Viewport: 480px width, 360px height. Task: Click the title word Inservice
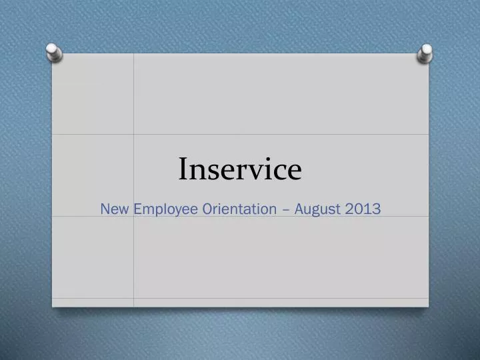(239, 169)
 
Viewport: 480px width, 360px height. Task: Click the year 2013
(364, 209)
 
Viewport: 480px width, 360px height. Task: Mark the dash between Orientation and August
(285, 209)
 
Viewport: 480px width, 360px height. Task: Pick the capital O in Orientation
(208, 209)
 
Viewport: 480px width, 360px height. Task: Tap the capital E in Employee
(138, 209)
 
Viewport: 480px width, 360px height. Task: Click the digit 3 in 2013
(377, 209)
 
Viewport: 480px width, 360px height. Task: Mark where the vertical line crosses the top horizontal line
(133, 134)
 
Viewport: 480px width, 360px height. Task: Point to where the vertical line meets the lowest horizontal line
(133, 298)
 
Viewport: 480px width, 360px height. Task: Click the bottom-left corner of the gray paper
(53, 307)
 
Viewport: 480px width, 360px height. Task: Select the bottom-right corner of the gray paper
(428, 307)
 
